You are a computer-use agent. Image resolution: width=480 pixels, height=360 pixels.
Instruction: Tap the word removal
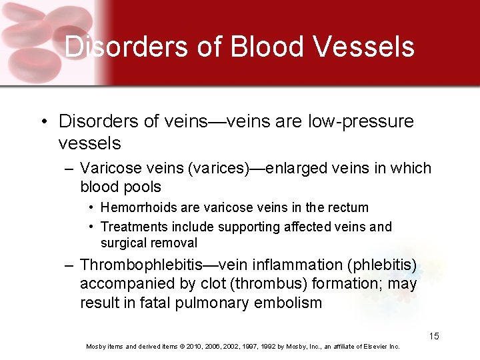tap(175, 243)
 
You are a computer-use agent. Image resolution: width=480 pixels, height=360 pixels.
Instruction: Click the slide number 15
tap(434, 336)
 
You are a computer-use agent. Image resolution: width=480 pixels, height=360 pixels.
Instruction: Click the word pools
tap(141, 187)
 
